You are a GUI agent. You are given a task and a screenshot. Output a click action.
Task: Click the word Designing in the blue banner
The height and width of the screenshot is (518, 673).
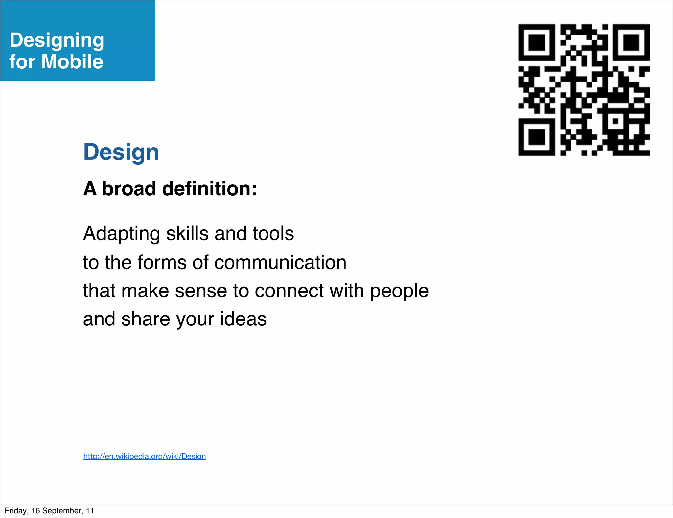click(x=57, y=40)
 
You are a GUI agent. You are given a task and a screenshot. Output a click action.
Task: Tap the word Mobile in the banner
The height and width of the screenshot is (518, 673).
click(x=72, y=61)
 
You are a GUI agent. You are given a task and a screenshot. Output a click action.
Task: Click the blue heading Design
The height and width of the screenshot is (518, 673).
click(x=121, y=152)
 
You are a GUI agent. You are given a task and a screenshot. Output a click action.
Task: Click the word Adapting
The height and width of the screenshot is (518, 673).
click(x=122, y=234)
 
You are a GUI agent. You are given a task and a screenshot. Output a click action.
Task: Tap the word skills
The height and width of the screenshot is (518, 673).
click(x=187, y=233)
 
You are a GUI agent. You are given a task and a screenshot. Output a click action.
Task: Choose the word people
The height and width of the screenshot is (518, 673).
click(x=399, y=292)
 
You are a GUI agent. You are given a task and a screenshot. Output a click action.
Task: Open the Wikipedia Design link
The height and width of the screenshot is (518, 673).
click(x=145, y=456)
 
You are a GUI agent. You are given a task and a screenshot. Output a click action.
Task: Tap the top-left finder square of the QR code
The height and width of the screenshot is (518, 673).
click(x=537, y=42)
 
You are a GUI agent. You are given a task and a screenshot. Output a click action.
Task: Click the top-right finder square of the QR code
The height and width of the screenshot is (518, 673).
click(x=631, y=42)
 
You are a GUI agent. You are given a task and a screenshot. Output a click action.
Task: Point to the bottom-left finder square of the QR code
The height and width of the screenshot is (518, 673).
click(x=537, y=137)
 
